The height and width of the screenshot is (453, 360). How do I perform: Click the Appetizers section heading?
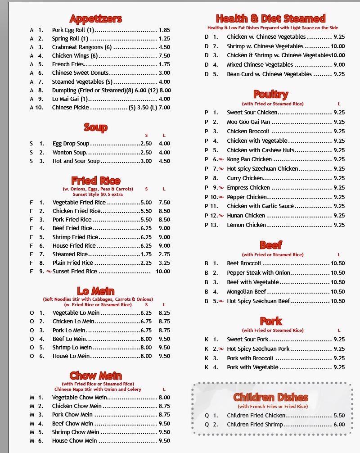click(x=95, y=19)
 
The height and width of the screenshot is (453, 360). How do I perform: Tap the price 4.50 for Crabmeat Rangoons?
click(x=164, y=47)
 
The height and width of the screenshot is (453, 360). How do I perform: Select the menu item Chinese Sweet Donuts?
click(x=81, y=73)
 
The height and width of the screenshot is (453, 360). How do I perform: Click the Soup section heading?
click(x=95, y=127)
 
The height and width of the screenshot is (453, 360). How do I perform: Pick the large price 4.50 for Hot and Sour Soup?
click(x=164, y=161)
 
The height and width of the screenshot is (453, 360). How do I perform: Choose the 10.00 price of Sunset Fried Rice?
click(x=163, y=272)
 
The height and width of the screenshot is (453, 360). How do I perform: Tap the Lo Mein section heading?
click(x=95, y=290)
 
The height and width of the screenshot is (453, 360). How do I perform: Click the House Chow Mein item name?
click(x=74, y=441)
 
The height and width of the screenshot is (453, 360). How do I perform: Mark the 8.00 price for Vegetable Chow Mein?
click(x=164, y=398)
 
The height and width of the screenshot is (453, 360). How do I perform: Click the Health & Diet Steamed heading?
click(x=270, y=19)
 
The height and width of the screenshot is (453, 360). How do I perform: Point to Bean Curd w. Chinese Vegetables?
click(x=269, y=74)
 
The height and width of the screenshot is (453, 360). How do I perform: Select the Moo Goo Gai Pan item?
click(x=248, y=122)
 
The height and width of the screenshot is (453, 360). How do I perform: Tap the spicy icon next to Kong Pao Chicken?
click(x=221, y=159)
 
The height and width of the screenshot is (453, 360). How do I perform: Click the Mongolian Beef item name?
click(x=247, y=292)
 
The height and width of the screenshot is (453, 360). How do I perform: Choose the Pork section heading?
click(x=271, y=321)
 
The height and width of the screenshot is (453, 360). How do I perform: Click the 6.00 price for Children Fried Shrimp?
click(x=339, y=425)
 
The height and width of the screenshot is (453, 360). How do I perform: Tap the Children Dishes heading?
click(x=270, y=397)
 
